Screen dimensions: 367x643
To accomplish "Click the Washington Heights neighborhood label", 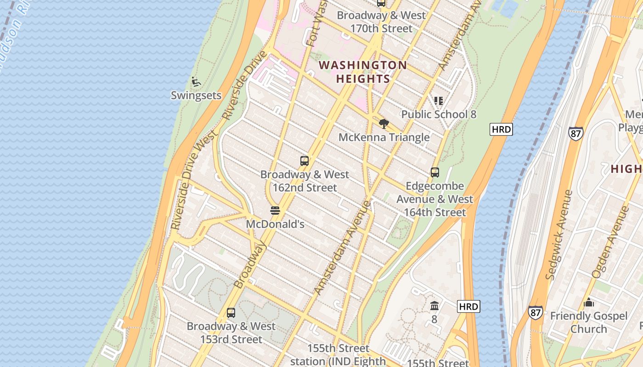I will tap(363, 72).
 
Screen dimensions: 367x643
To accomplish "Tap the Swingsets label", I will tap(196, 95).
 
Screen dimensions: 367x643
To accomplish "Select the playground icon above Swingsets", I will tap(196, 82).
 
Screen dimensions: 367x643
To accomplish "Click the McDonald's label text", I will tap(275, 224).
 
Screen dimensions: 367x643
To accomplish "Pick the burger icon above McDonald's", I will tap(275, 211).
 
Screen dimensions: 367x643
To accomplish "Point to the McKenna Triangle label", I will tap(384, 137).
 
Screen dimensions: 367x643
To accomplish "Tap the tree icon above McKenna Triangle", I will tap(384, 123).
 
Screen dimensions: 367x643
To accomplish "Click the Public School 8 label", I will tap(439, 114).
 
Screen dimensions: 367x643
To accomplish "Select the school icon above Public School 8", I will tap(439, 100).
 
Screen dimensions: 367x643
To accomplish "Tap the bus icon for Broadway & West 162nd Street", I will tap(304, 161).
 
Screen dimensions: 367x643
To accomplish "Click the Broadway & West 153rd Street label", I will tap(231, 333).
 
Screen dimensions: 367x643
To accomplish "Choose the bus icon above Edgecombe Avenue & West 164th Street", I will tap(434, 172).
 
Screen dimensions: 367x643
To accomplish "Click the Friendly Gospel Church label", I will tap(588, 323).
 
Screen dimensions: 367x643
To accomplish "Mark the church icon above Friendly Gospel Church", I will tap(589, 303).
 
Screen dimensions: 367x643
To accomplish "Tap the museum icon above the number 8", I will tap(434, 306).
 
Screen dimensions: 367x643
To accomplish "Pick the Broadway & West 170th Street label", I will tap(381, 22).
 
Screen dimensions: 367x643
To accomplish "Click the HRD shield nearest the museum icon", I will tap(468, 306).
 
